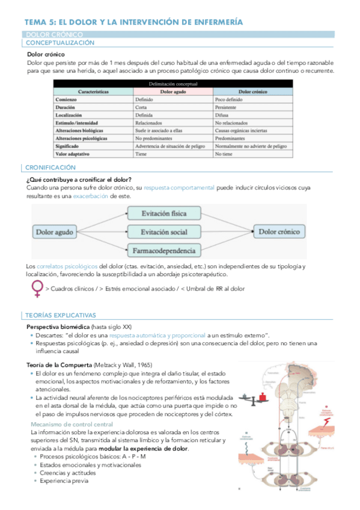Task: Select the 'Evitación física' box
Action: (x=163, y=214)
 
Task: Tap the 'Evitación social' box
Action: (x=163, y=232)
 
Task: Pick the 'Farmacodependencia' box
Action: (x=163, y=250)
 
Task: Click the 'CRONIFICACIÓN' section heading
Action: (x=51, y=168)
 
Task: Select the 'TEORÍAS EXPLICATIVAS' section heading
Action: (x=60, y=315)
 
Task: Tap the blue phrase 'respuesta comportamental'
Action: (x=179, y=188)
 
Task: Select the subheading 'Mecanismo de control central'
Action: (x=70, y=424)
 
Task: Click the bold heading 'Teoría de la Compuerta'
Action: (x=59, y=365)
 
